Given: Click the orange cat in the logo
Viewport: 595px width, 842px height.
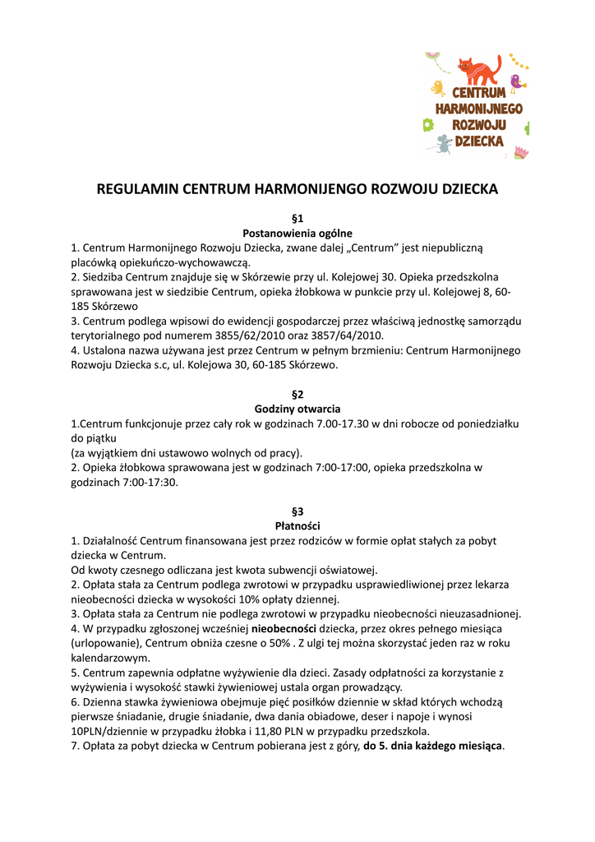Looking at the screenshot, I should coord(479,69).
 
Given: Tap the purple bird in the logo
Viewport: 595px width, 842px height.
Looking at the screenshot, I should coord(517,81).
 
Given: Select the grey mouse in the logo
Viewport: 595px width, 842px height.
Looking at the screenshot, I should coord(442,145).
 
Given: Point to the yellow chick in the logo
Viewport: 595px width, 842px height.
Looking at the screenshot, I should coord(439,88).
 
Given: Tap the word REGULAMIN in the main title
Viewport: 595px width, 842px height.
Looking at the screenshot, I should coord(137,189).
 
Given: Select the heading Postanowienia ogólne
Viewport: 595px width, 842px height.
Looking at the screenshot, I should coord(297,233).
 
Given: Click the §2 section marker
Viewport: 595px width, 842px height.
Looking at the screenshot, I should coord(297,394).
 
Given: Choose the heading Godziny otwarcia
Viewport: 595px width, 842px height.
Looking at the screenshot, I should coord(297,409).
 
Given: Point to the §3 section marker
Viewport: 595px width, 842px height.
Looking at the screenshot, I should coord(297,511).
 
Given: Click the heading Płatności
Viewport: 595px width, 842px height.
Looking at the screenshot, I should coord(297,525).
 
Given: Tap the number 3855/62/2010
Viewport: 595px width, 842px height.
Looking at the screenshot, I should coord(234,335).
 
